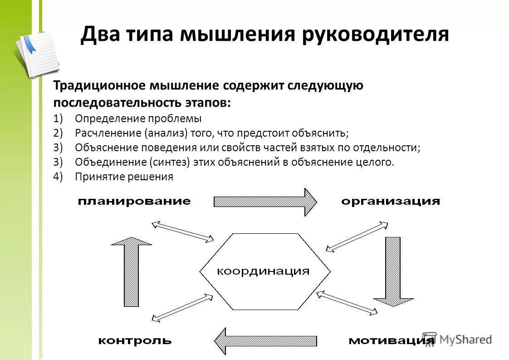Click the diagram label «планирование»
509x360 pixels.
[134, 201]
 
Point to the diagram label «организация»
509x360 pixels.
[391, 201]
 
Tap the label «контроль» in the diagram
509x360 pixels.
[135, 340]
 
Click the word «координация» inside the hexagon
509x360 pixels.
[263, 271]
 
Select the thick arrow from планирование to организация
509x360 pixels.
[265, 201]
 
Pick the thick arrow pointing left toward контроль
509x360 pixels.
[265, 340]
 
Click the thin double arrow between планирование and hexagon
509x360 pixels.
[182, 231]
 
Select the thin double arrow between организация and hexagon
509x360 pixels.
[357, 236]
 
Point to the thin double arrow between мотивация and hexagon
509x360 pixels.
[347, 303]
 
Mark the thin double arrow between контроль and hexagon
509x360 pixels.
[182, 307]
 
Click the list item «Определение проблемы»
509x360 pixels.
[138, 118]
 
